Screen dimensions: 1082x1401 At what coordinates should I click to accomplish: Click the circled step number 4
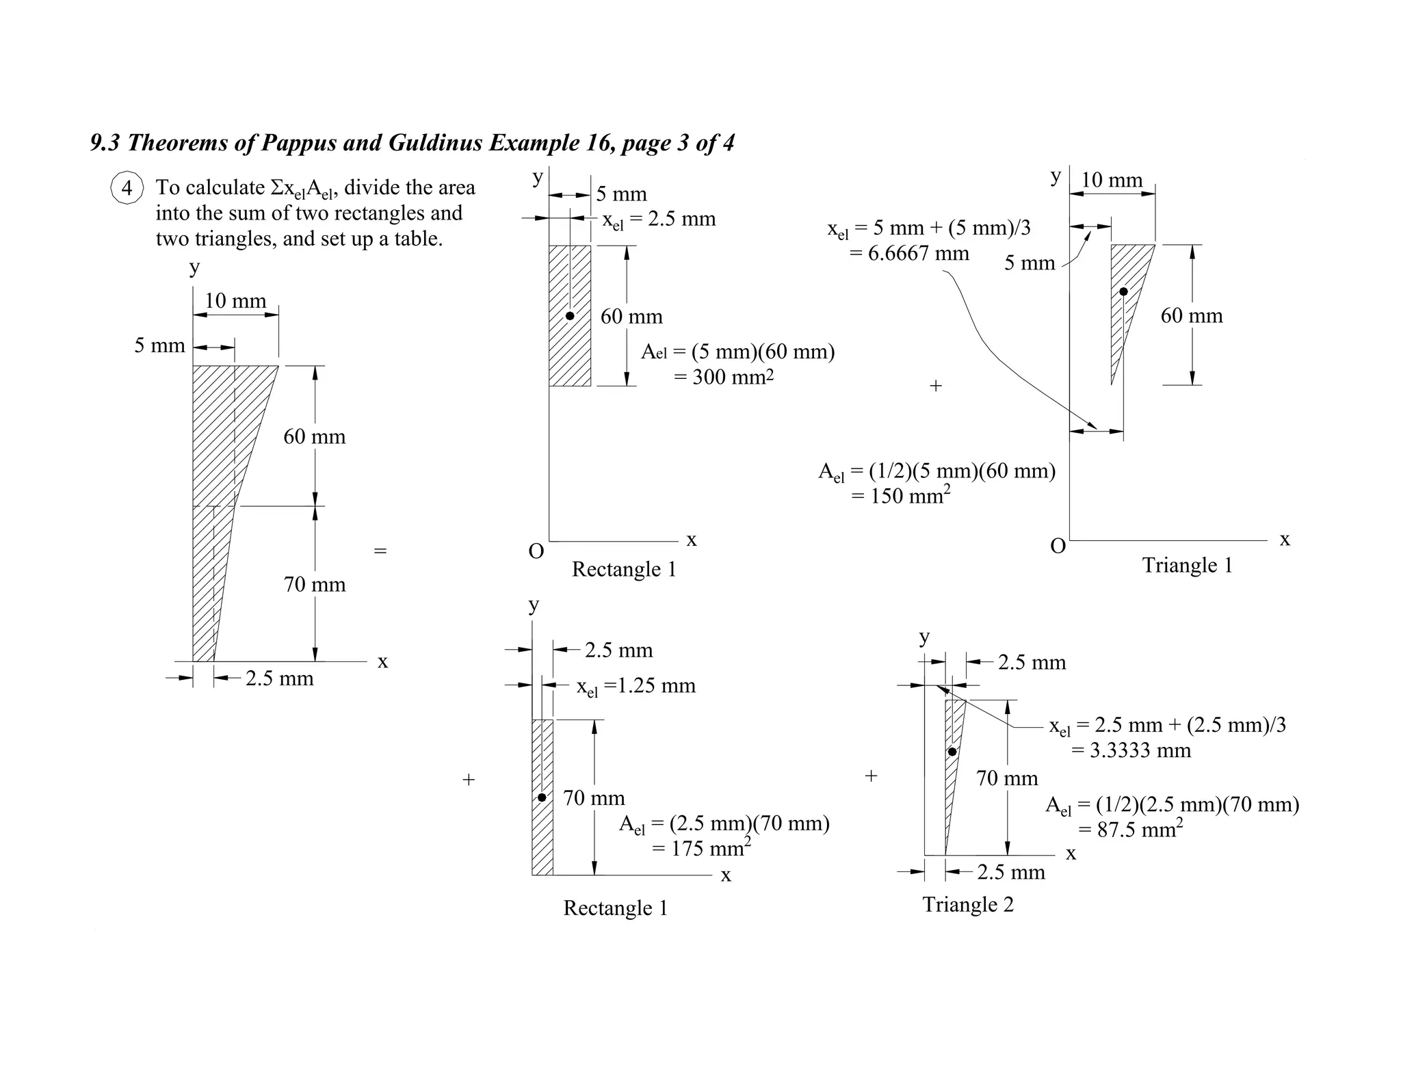coord(127,187)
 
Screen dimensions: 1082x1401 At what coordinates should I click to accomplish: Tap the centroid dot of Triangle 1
coord(1123,292)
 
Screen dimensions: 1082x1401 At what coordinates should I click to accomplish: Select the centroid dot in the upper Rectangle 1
coord(570,316)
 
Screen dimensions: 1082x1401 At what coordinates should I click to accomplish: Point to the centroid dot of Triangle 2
coord(952,752)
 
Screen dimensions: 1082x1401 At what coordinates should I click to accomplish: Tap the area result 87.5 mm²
coord(1130,830)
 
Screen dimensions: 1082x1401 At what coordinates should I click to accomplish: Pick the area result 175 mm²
coord(701,849)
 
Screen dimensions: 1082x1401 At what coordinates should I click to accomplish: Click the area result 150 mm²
coord(901,496)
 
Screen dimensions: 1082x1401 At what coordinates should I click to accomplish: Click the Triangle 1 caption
coord(1187,566)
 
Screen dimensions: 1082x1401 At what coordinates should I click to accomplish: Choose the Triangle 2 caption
coord(968,905)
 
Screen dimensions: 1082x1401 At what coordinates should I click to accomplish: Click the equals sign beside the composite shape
coord(380,551)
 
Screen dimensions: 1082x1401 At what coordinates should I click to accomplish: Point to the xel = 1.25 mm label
coord(636,686)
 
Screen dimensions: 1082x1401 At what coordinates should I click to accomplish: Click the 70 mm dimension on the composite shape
coord(315,585)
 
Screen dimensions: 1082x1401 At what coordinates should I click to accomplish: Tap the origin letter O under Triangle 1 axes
coord(1058,546)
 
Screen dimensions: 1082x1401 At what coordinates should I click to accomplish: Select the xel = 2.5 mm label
coord(659,220)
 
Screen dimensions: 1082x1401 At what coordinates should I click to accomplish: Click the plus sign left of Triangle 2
coord(871,776)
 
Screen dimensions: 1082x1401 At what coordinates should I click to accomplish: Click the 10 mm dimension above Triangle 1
coord(1112,180)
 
